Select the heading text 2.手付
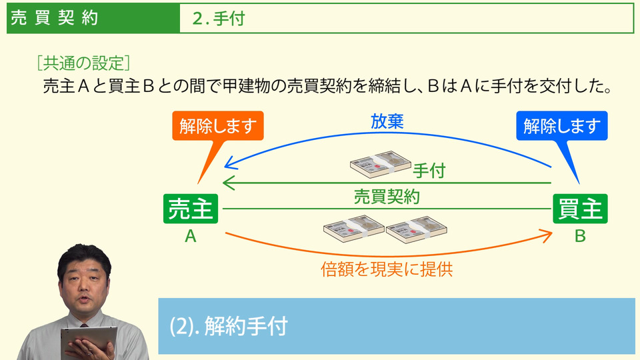(218, 19)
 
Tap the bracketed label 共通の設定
(83, 64)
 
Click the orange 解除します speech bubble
(218, 126)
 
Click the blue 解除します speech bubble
(562, 125)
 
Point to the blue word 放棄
(387, 122)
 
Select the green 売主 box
(191, 209)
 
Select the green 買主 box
(580, 209)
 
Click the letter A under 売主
(191, 236)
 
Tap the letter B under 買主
(580, 236)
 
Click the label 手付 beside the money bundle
(429, 171)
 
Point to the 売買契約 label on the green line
(387, 197)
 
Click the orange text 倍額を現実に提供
(391, 270)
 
